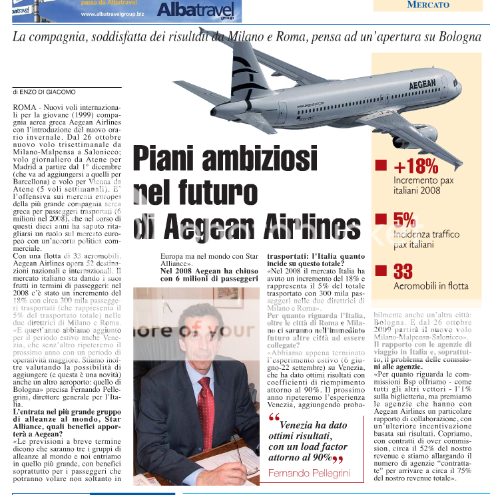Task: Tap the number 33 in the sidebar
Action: click(x=403, y=271)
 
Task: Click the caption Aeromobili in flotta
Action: click(x=430, y=286)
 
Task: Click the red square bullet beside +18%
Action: click(x=381, y=166)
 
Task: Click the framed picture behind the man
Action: click(x=227, y=297)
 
